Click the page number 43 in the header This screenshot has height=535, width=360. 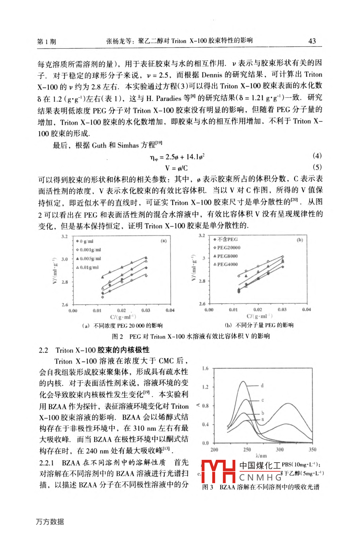pyautogui.click(x=312, y=41)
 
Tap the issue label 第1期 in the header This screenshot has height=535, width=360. pyautogui.click(x=46, y=41)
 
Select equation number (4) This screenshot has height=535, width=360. pyautogui.click(x=317, y=156)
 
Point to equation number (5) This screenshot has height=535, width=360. pyautogui.click(x=317, y=167)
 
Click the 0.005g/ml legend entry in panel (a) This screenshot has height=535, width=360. pyautogui.click(x=90, y=258)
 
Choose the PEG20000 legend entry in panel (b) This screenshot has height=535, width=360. pyautogui.click(x=228, y=248)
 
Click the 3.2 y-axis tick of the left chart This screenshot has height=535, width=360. pyautogui.click(x=64, y=237)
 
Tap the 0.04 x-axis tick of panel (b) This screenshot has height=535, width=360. pyautogui.click(x=306, y=309)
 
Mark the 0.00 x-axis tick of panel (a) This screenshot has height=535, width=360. pyautogui.click(x=73, y=310)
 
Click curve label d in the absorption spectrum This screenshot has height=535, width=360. pyautogui.click(x=262, y=385)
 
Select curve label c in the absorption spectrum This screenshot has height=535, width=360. pyautogui.click(x=262, y=400)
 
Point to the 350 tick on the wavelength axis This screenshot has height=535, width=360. pyautogui.click(x=312, y=450)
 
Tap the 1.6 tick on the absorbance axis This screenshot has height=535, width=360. pyautogui.click(x=205, y=369)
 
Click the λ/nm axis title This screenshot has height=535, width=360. pyautogui.click(x=261, y=456)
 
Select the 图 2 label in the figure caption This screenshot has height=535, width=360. pyautogui.click(x=118, y=336)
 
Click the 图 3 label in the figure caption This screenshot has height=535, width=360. pyautogui.click(x=208, y=487)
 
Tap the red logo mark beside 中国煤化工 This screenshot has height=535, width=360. pyautogui.click(x=218, y=471)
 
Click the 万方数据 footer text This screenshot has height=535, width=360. pyautogui.click(x=50, y=522)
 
